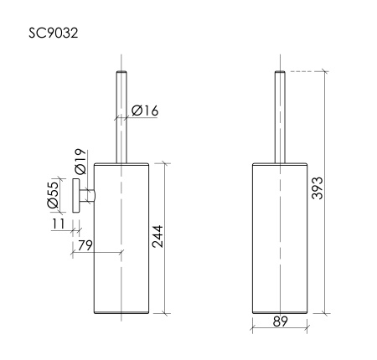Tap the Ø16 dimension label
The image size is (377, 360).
point(145,108)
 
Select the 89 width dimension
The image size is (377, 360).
point(282,320)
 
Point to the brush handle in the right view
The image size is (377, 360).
point(281,117)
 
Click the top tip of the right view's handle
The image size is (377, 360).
point(281,74)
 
